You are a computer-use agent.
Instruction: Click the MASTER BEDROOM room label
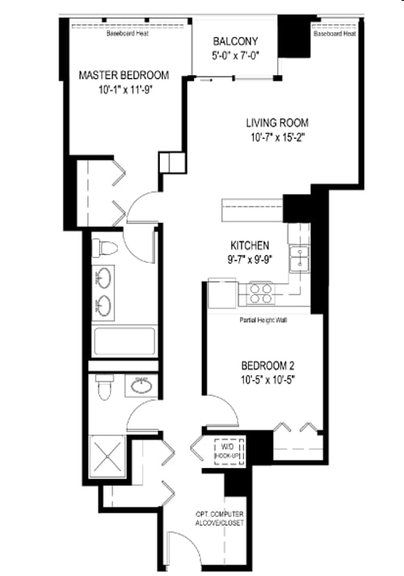[x=124, y=75]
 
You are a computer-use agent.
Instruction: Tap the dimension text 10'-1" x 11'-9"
[x=124, y=90]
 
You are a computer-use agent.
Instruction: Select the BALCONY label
[x=235, y=42]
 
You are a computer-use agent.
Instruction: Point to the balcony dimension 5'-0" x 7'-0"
[x=235, y=56]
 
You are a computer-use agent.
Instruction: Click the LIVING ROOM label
[x=278, y=123]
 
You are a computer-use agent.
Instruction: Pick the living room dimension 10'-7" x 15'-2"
[x=278, y=137]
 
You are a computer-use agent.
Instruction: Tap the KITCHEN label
[x=250, y=245]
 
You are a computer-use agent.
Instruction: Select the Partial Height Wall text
[x=263, y=319]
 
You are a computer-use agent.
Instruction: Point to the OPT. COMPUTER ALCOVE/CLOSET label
[x=219, y=519]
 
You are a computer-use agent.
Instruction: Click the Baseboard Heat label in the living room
[x=335, y=34]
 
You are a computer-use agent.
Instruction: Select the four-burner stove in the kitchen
[x=261, y=291]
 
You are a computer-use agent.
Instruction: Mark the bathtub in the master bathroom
[x=124, y=341]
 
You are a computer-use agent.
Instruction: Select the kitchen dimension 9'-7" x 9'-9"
[x=250, y=260]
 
